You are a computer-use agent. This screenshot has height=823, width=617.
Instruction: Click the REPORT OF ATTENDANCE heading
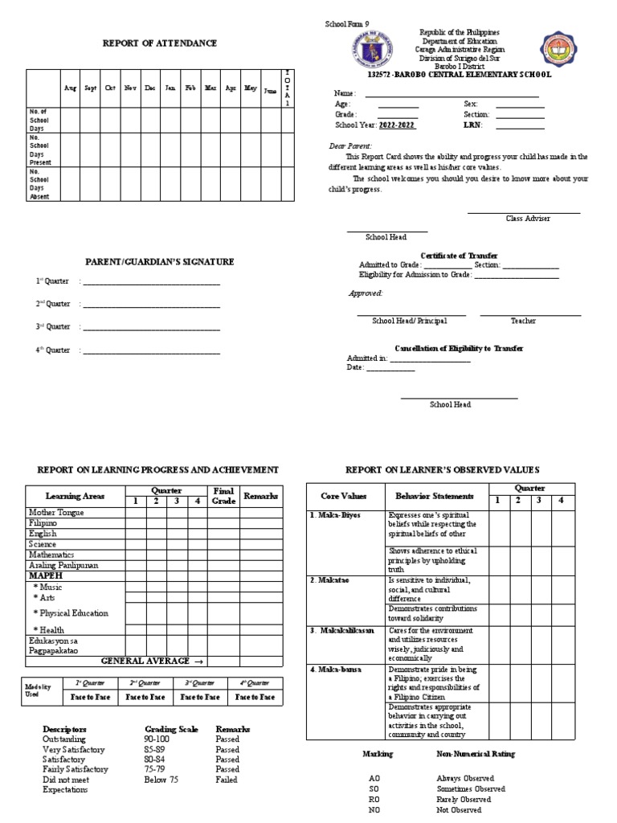pyautogui.click(x=159, y=43)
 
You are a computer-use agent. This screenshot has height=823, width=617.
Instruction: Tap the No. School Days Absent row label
pyautogui.click(x=40, y=184)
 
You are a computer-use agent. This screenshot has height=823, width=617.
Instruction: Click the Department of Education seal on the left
pyautogui.click(x=373, y=50)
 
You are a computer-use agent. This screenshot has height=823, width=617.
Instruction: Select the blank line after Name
pyautogui.click(x=452, y=94)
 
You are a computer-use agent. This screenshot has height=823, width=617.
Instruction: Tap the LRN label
pyautogui.click(x=473, y=125)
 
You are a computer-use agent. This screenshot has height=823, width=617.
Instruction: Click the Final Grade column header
pyautogui.click(x=223, y=496)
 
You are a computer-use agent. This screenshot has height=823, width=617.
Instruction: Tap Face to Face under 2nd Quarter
pyautogui.click(x=147, y=698)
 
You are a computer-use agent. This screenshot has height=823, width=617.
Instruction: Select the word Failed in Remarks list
pyautogui.click(x=227, y=780)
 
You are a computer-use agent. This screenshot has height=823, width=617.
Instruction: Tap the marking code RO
pyautogui.click(x=374, y=800)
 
